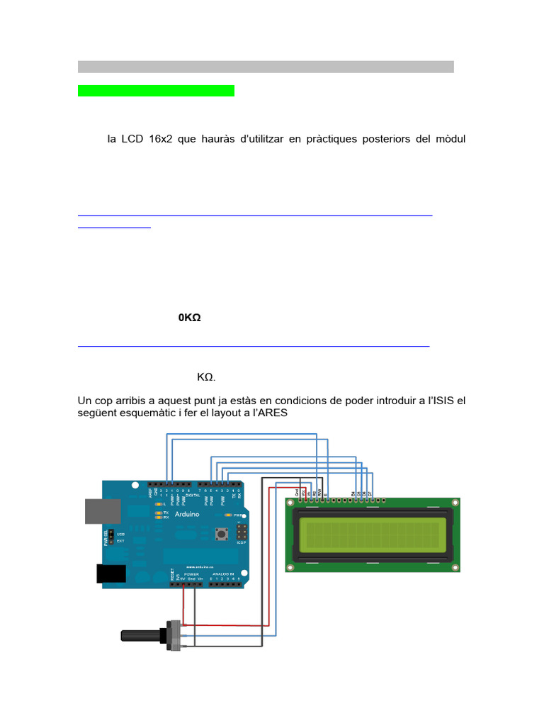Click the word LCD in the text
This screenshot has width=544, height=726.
coord(132,139)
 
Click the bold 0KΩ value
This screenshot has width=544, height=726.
coord(190,318)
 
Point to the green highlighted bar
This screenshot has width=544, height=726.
coord(156,91)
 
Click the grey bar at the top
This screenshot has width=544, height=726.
coord(266,67)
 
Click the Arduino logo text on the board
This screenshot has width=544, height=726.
coord(186,513)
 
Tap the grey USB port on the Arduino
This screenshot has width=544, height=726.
coord(94,510)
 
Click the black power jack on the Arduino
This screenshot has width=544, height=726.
coord(110,574)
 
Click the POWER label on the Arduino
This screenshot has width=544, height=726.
coord(191,574)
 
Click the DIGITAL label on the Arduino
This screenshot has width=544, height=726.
coord(192,496)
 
